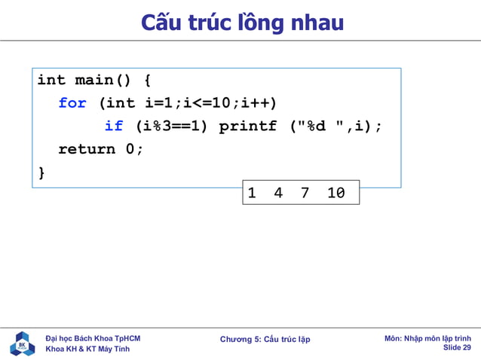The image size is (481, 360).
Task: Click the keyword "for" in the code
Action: click(72, 103)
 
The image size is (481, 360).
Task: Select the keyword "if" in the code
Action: click(113, 127)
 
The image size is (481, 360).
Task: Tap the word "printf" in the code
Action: click(247, 127)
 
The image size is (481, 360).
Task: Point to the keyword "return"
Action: click(87, 149)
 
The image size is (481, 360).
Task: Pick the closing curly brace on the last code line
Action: click(41, 172)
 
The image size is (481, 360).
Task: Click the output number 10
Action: click(336, 194)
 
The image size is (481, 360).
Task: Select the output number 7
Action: click(305, 194)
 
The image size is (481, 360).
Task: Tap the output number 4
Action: click(278, 194)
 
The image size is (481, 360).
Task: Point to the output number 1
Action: click(252, 194)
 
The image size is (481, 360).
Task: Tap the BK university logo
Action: click(22, 343)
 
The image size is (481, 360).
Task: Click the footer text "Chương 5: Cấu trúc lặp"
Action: click(265, 339)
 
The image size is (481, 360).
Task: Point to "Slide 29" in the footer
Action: click(457, 348)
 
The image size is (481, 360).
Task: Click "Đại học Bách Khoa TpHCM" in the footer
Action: click(93, 338)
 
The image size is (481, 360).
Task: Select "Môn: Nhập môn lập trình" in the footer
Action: click(427, 338)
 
